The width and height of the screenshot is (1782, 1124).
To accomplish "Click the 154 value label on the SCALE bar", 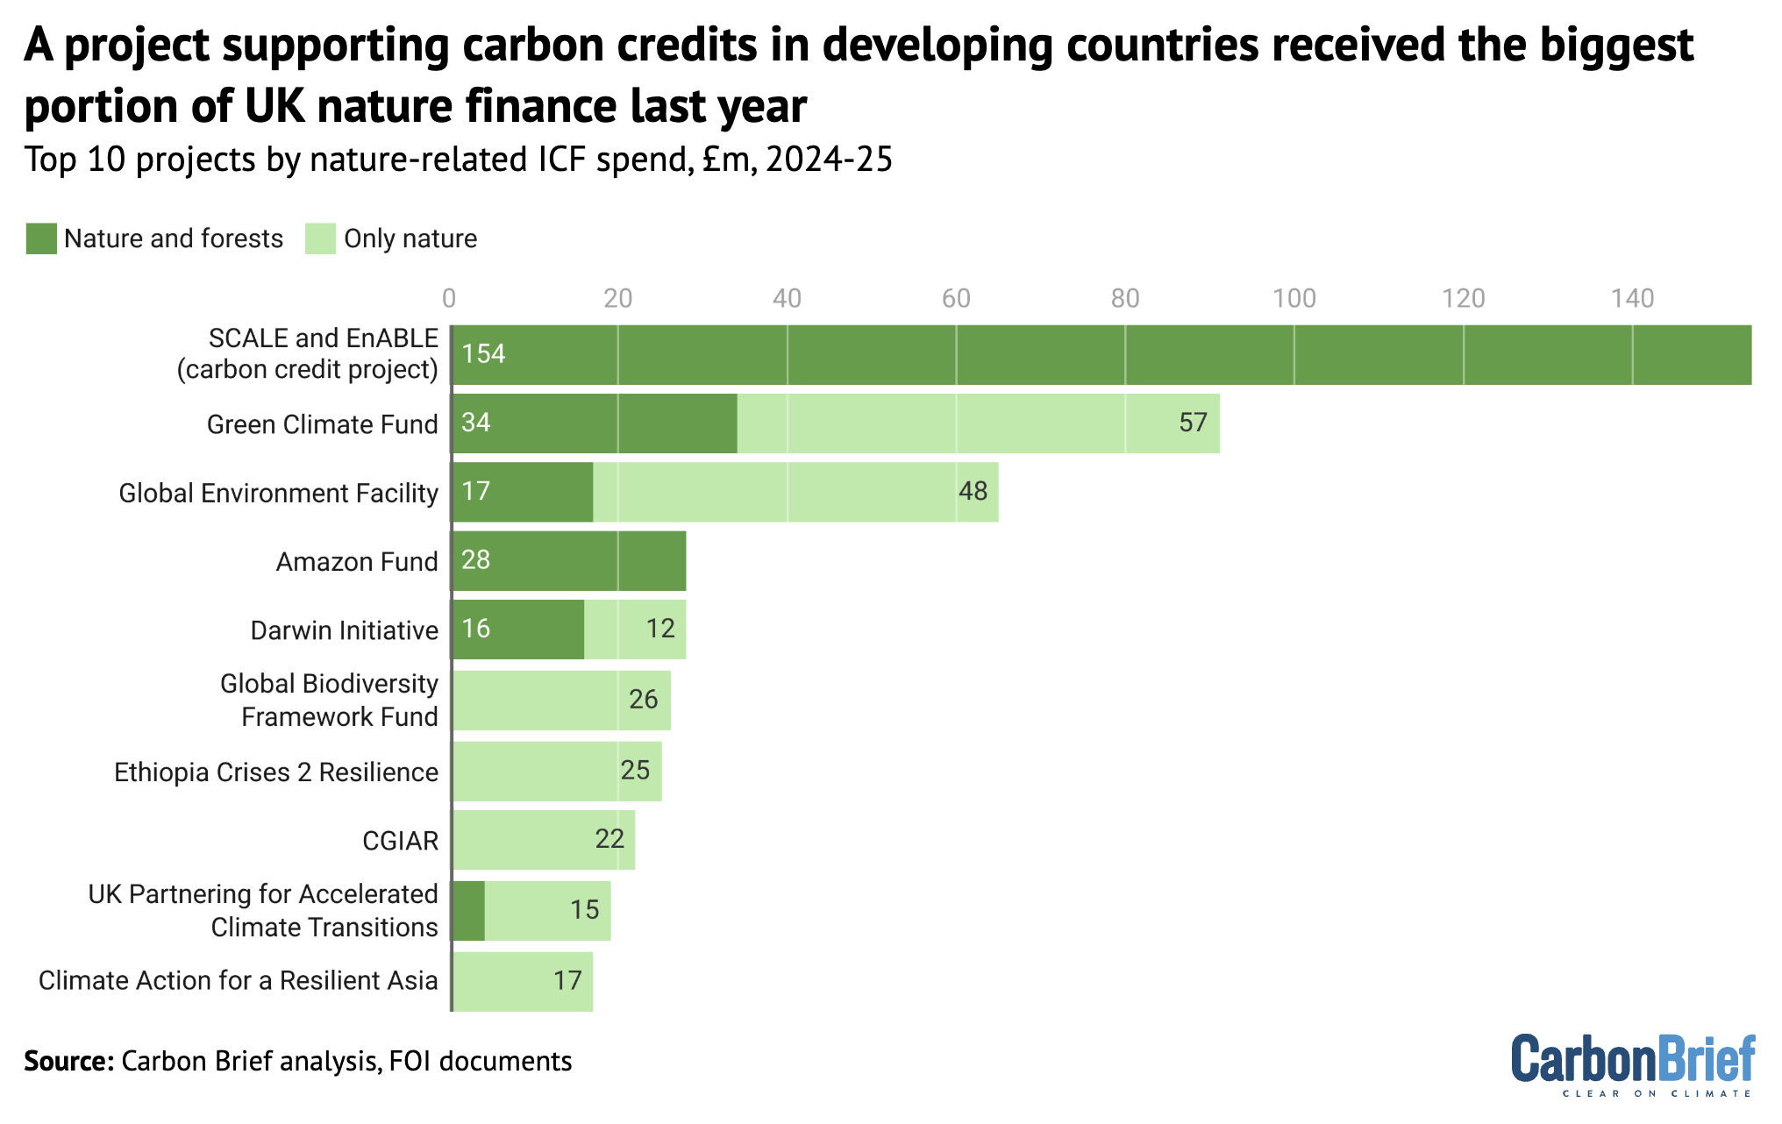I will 483,354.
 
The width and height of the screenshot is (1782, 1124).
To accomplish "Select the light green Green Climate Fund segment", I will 978,423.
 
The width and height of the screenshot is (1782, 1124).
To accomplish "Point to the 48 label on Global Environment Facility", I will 973,491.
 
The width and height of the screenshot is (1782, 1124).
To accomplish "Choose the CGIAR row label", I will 400,841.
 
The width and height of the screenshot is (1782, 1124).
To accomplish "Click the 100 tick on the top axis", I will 1294,299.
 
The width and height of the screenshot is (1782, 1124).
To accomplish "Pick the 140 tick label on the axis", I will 1632,299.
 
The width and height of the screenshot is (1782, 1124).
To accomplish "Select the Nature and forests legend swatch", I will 41,238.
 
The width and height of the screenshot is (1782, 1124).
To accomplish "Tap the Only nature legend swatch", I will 320,238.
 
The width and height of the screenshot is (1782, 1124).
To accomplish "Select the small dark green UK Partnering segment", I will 468,911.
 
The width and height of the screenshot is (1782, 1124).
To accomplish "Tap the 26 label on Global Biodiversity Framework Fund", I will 643,700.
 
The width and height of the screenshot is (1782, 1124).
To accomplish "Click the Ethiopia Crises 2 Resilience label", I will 276,772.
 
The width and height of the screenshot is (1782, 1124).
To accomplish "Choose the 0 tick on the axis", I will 449,299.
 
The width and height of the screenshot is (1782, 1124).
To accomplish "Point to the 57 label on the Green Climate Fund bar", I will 1193,423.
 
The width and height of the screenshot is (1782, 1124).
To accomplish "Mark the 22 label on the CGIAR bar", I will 609,839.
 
